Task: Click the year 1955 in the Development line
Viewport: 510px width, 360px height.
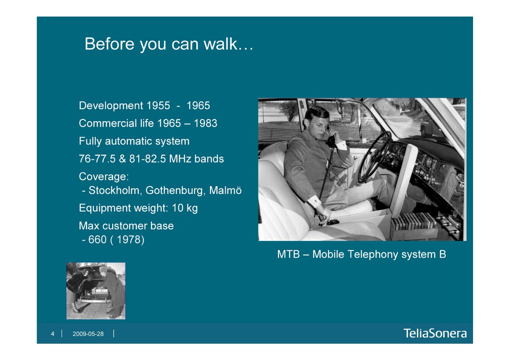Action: [158, 105]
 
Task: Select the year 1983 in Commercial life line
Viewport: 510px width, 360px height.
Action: [205, 123]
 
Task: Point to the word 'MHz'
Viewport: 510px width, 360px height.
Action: [180, 159]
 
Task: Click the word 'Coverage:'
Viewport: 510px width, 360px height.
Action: [104, 176]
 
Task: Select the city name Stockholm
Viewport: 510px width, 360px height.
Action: [114, 190]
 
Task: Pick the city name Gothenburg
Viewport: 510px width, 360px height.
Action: [174, 190]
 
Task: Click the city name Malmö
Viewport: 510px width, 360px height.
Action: [225, 190]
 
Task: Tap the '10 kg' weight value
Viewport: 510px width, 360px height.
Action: [184, 208]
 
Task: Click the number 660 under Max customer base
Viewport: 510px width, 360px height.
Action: [97, 239]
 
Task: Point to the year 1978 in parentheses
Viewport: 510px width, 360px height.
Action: [128, 239]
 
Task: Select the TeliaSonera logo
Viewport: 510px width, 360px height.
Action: [435, 333]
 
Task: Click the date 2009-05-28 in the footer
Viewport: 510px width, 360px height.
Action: [88, 334]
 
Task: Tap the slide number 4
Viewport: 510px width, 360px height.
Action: [53, 334]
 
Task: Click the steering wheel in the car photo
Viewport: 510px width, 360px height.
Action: [375, 157]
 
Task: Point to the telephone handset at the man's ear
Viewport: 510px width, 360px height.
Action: [331, 139]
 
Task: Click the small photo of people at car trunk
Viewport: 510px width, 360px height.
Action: [96, 291]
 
